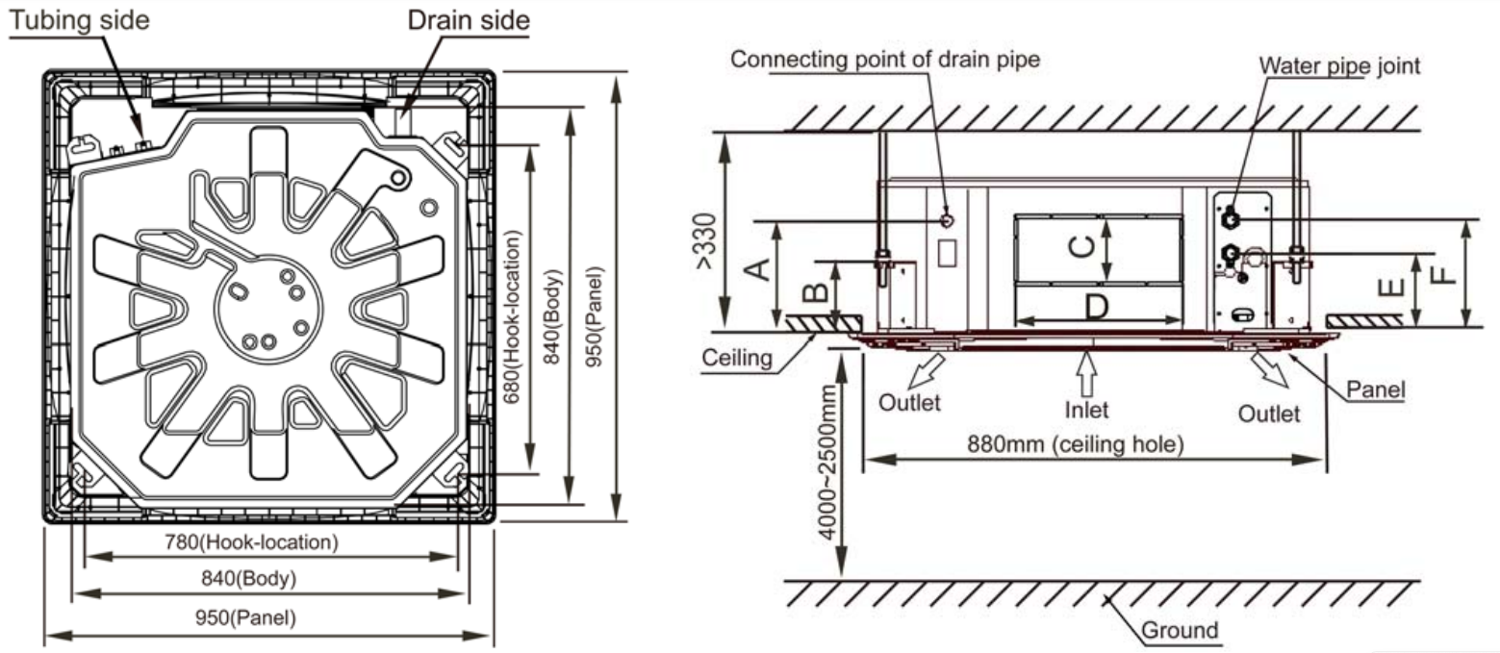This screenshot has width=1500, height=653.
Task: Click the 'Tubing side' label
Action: tap(80, 20)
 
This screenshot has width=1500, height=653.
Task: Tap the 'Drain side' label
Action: tap(469, 20)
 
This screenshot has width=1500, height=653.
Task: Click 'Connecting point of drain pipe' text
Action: tap(885, 60)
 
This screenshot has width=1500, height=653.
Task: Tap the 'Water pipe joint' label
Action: tap(1339, 65)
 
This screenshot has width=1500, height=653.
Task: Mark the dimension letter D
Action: tap(1097, 307)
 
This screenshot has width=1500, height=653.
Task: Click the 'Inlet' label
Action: tap(1086, 410)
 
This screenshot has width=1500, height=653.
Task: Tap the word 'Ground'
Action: tap(1180, 631)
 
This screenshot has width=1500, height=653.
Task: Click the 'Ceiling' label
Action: tap(737, 358)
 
